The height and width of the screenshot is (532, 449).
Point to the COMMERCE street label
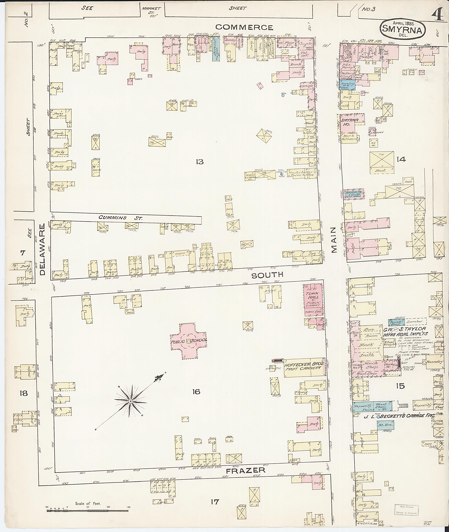point(244,27)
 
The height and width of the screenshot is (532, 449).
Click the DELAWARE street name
point(42,249)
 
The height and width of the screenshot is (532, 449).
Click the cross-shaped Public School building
point(189,341)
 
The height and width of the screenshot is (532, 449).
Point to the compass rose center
point(130,401)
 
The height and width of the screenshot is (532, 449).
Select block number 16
point(196,392)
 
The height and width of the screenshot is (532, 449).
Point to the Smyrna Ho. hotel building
point(351,123)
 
